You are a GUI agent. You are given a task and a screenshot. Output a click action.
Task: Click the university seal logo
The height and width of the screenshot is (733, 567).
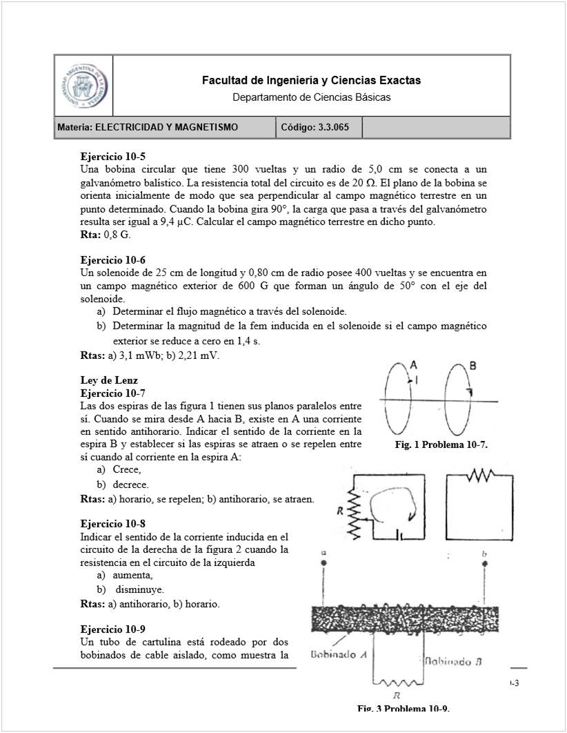83,86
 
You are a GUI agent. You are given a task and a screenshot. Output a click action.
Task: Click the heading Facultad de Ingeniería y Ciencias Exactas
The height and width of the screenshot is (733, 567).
311,81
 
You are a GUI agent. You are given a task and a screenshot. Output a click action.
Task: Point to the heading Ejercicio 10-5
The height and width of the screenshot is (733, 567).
113,157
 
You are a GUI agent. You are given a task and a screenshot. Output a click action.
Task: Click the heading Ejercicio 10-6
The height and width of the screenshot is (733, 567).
113,260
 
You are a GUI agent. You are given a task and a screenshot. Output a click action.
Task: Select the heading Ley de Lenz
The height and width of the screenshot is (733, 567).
109,380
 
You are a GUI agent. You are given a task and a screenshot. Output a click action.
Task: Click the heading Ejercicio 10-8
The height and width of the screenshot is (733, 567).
113,524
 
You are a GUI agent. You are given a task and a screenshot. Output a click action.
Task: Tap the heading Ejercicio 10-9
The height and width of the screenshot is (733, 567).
113,629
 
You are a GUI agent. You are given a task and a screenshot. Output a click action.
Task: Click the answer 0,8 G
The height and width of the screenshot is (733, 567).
117,235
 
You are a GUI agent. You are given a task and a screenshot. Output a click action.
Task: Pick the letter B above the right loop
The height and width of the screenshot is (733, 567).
473,366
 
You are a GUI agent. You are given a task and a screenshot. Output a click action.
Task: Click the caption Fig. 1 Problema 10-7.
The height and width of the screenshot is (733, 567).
441,445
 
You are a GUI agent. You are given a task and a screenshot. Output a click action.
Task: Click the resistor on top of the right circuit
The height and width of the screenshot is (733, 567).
480,476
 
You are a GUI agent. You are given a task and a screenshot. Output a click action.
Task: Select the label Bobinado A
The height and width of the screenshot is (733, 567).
337,654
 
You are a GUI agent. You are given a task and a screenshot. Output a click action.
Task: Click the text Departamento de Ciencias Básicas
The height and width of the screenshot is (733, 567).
311,97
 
